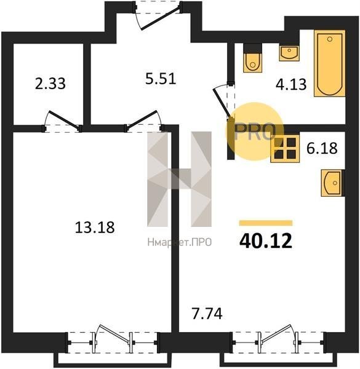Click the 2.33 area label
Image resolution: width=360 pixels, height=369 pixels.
click(50, 84)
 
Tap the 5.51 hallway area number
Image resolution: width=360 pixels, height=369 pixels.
click(161, 79)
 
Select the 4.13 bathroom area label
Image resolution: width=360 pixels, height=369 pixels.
click(291, 84)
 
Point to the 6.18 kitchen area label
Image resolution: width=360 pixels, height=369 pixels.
click(322, 148)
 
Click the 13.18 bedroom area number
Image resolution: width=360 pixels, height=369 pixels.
click(95, 228)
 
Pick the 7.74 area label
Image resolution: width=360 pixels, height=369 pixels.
click(207, 314)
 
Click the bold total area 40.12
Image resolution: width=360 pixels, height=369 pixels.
click(266, 241)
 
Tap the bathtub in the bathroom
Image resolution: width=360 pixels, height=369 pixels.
click(330, 63)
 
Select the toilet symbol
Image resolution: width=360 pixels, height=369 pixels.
click(253, 58)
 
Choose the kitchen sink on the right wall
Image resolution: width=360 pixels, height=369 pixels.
click(332, 183)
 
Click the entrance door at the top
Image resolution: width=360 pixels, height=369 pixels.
click(158, 16)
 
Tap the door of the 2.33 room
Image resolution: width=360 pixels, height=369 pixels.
click(62, 121)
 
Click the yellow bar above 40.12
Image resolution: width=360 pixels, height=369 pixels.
click(266, 223)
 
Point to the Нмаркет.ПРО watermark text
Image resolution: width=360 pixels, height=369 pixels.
click(180, 242)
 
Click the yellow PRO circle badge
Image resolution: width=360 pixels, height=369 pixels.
click(255, 132)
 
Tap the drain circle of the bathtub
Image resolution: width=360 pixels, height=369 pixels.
click(330, 39)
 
